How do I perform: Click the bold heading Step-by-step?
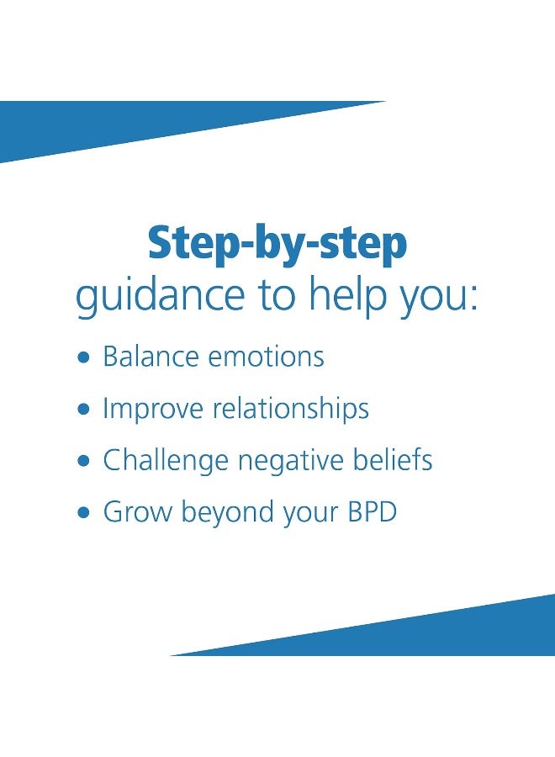tap(277, 244)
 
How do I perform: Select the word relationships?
tap(292, 409)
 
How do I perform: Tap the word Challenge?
tap(166, 461)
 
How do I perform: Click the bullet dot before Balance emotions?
tap(82, 357)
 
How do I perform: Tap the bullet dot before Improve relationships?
tap(82, 410)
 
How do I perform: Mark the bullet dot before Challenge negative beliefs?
tap(82, 462)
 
